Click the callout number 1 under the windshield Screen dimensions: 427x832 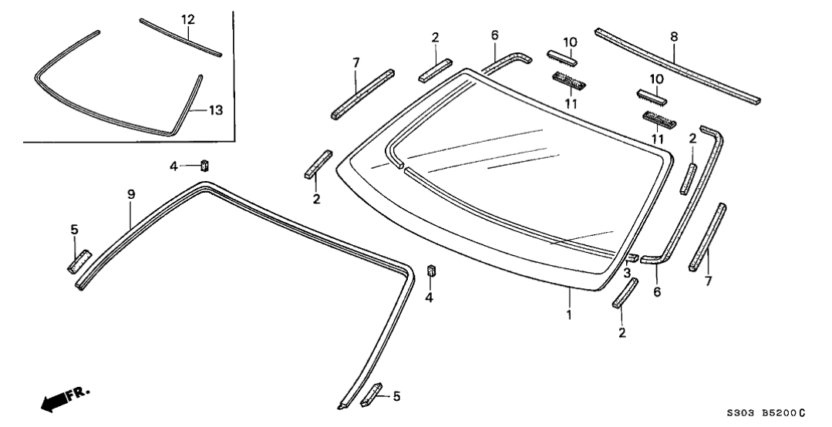pyautogui.click(x=569, y=315)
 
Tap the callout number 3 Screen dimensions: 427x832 pyautogui.click(x=628, y=273)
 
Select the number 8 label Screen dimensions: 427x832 pyautogui.click(x=674, y=35)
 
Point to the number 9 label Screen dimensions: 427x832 pyautogui.click(x=130, y=196)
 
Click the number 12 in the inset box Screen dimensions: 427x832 pyautogui.click(x=188, y=18)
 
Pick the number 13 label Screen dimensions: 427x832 pyautogui.click(x=215, y=110)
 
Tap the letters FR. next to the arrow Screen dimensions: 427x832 pyautogui.click(x=78, y=395)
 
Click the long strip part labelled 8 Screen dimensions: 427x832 pyautogui.click(x=679, y=67)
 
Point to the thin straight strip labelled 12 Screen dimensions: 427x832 pyautogui.click(x=180, y=38)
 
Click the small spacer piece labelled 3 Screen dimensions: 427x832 pyautogui.click(x=632, y=257)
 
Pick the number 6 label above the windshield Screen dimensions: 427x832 pyautogui.click(x=495, y=35)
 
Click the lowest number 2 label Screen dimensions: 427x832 pyautogui.click(x=621, y=332)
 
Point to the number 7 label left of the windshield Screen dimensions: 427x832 pyautogui.click(x=355, y=62)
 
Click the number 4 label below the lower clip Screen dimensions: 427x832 pyautogui.click(x=429, y=297)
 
